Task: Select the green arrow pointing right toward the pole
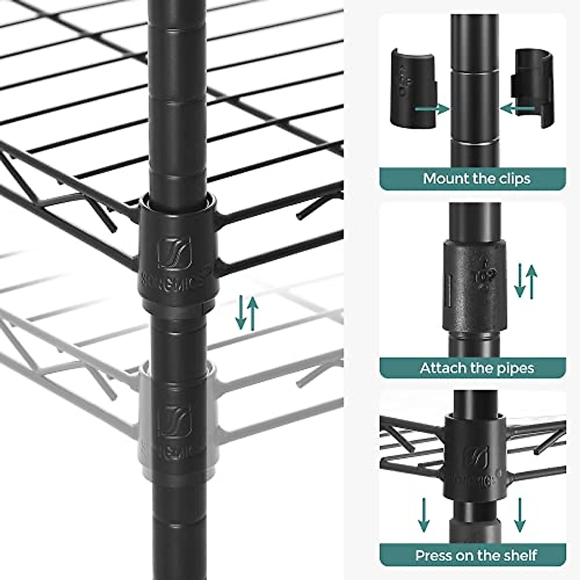pyautogui.click(x=432, y=109)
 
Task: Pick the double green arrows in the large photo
pyautogui.click(x=247, y=313)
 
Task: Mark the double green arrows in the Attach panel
pyautogui.click(x=526, y=280)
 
